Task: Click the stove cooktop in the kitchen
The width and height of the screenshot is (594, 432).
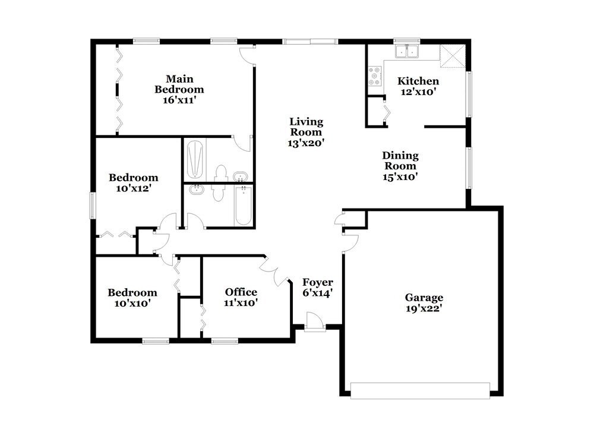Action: tap(375, 76)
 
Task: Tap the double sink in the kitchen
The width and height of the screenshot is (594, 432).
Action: tap(407, 53)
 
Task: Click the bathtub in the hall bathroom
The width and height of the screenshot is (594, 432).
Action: tap(242, 206)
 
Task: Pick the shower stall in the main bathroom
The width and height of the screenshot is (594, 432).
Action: tap(195, 159)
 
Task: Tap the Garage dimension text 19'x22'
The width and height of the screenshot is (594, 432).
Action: tap(424, 309)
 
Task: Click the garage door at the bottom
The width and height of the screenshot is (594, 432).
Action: tap(420, 390)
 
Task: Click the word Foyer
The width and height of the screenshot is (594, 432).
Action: tap(318, 282)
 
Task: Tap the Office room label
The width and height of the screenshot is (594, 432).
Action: tap(241, 292)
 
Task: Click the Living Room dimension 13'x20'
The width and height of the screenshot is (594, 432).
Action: tap(307, 143)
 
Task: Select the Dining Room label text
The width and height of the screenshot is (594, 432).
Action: tap(400, 160)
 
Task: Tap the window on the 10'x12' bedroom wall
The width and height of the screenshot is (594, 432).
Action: tap(92, 206)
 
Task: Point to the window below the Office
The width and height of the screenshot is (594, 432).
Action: tap(225, 341)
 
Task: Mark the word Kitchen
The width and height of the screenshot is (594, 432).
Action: tap(418, 81)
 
